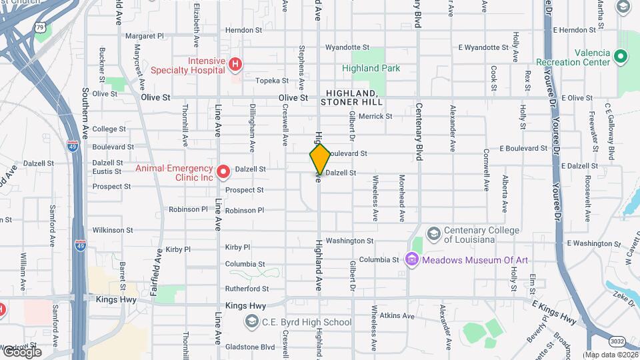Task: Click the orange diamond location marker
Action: pos(320,159)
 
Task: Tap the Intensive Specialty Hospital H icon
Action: pos(235,65)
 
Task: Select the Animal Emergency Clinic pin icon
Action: pos(223,173)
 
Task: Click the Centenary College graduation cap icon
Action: pos(433,233)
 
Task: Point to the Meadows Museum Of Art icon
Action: pos(411,259)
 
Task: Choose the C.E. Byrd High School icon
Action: pos(251,323)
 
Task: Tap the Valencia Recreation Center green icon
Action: pos(621,57)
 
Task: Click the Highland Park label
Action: pos(371,68)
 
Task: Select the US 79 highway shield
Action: pos(40,27)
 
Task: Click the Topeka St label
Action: pos(271,81)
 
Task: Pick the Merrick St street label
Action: pos(375,116)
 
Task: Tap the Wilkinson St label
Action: pos(113,230)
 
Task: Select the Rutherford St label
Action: pos(247,289)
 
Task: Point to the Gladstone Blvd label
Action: pos(250,347)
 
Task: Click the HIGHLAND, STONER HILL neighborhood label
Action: pos(351,97)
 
